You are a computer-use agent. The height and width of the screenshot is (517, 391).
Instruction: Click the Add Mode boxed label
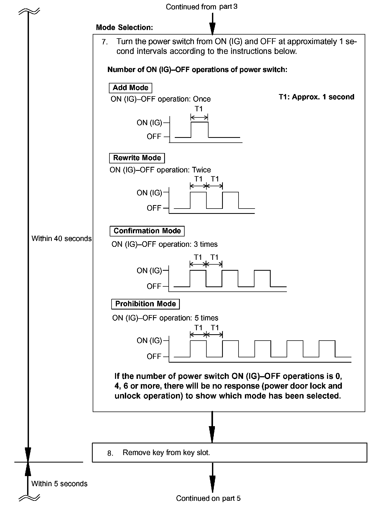130,88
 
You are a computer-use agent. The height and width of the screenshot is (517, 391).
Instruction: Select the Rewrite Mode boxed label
137,158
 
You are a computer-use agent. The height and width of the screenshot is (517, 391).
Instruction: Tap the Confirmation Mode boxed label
147,231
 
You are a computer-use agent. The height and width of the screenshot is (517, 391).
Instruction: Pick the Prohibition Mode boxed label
145,304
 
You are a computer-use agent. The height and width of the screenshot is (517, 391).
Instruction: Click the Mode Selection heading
124,27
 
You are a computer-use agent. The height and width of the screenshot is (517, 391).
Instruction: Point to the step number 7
105,42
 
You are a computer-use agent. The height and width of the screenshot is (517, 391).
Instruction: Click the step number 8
110,453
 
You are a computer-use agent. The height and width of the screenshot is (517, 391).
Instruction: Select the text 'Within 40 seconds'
61,239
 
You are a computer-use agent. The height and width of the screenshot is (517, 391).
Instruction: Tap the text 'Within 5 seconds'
59,484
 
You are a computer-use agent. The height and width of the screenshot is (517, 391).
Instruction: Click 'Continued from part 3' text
201,7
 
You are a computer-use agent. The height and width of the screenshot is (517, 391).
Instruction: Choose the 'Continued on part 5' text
208,498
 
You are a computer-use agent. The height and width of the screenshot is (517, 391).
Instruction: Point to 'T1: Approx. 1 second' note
316,97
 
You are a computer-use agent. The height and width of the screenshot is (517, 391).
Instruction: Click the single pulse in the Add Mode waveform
199,129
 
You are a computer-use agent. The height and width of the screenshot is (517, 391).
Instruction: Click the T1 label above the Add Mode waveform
199,109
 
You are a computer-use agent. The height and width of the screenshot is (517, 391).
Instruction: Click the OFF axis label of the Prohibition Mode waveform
154,356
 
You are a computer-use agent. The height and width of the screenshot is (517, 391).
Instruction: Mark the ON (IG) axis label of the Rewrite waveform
149,193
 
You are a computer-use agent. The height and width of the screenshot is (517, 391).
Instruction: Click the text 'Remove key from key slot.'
166,452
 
